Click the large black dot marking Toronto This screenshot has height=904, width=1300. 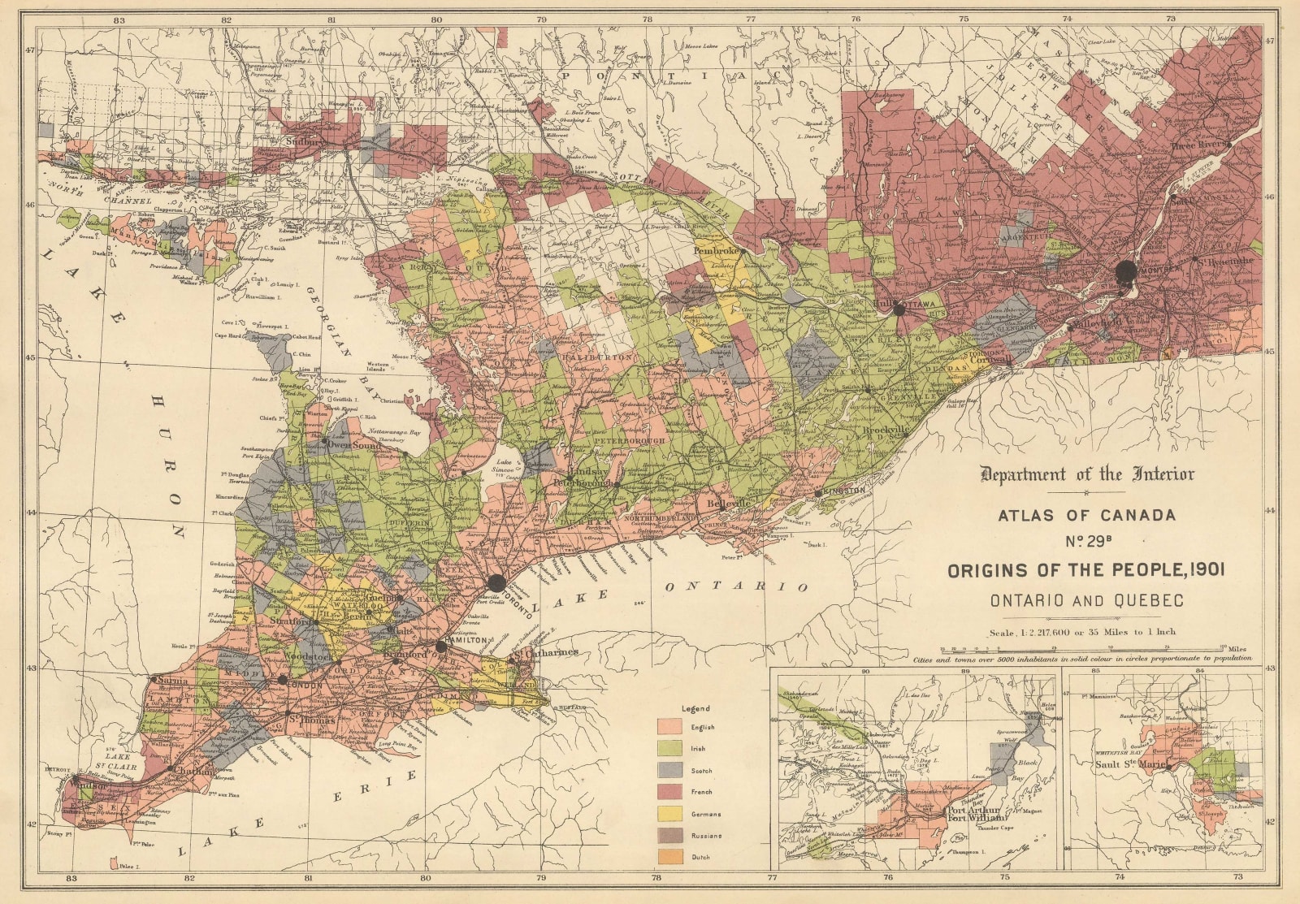click(x=497, y=582)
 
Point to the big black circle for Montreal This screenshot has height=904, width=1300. click(x=1125, y=270)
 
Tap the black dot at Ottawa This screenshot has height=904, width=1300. click(x=899, y=309)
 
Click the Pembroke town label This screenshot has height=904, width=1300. click(x=717, y=251)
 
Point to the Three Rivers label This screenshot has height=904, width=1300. click(x=1198, y=146)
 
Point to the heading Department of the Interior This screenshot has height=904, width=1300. click(x=1088, y=474)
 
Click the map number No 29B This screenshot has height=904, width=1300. click(x=1087, y=542)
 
